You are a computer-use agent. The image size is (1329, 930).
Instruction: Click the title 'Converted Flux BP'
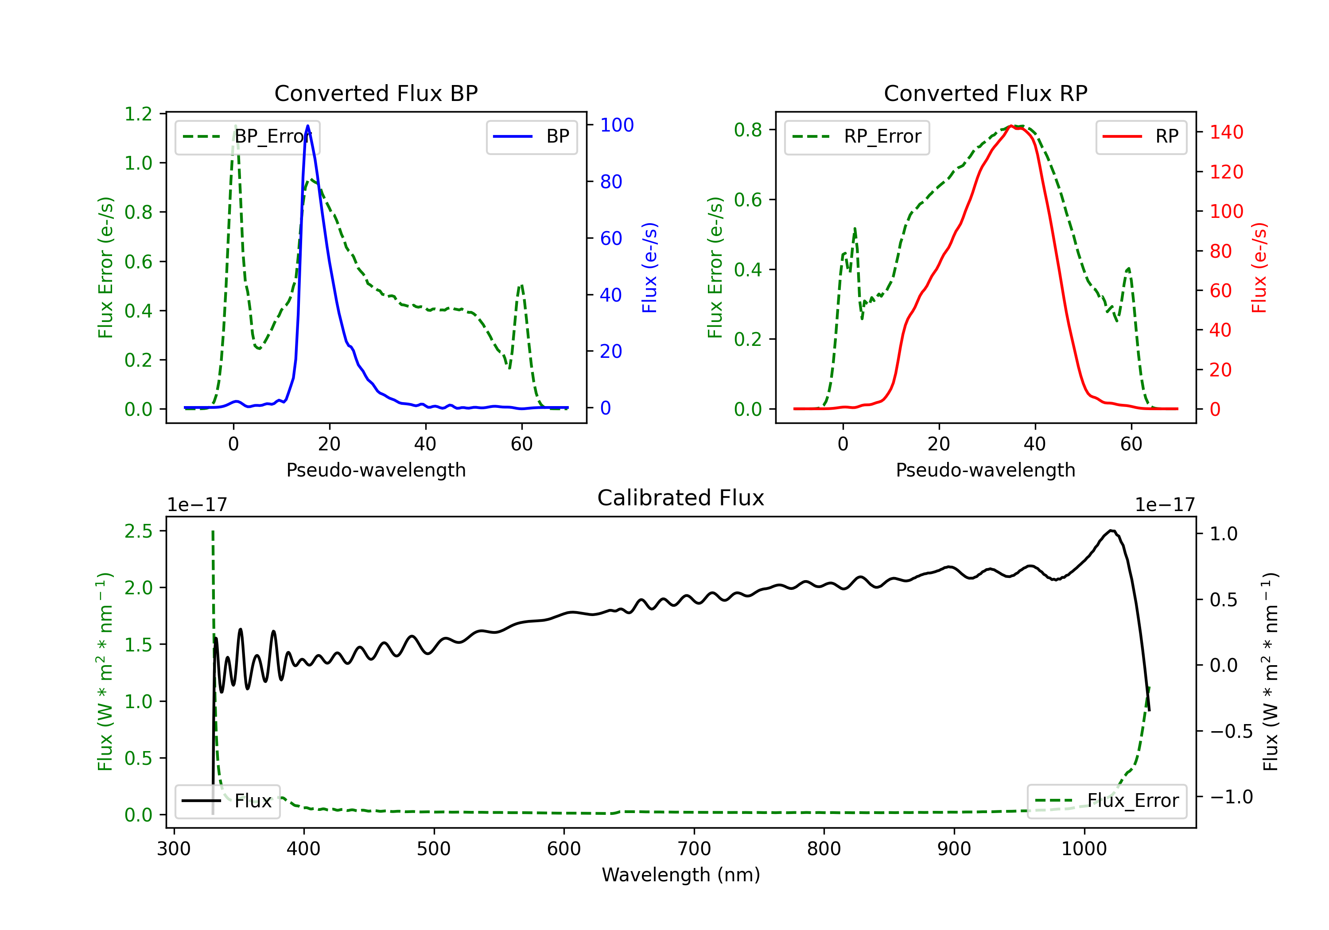pos(376,93)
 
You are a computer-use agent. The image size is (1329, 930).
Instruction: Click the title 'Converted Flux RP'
pos(985,93)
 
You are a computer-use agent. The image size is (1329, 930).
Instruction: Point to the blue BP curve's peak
pos(308,126)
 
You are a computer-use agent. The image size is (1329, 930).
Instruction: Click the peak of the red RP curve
pos(1010,126)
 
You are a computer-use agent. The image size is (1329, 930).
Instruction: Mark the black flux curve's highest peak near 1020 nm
pos(1111,530)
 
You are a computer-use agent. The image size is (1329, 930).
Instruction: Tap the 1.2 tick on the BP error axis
pos(138,114)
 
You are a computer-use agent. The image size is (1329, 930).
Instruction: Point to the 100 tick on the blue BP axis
pos(617,125)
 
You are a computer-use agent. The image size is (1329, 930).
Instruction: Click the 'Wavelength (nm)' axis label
pos(681,875)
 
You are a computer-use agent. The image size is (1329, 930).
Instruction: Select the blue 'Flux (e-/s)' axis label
pos(649,267)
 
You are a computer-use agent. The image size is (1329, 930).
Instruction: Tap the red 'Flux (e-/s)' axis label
pos(1259,267)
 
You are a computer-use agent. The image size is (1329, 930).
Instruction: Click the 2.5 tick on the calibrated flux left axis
pos(138,531)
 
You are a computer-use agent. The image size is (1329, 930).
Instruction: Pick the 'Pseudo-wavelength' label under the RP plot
pos(985,470)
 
